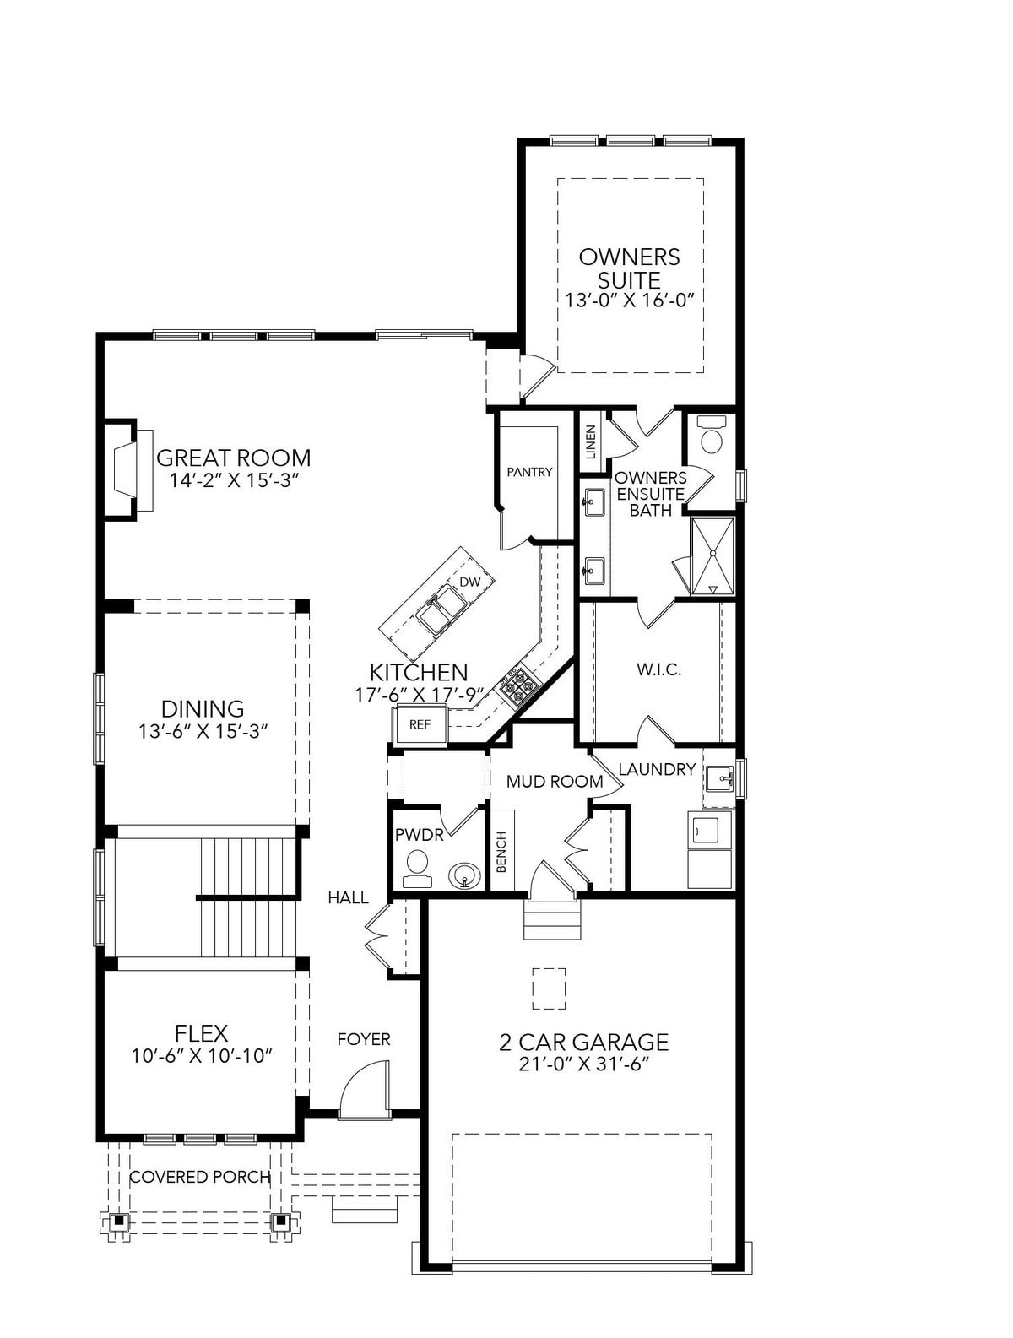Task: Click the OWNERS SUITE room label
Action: (x=629, y=268)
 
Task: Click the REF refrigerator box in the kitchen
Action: (x=420, y=724)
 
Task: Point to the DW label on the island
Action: (x=469, y=582)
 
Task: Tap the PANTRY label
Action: (x=529, y=472)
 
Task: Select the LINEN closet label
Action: (x=590, y=441)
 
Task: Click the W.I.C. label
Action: (x=658, y=670)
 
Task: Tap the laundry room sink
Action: (x=719, y=779)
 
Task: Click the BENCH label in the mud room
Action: (x=501, y=852)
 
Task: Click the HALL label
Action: (x=348, y=897)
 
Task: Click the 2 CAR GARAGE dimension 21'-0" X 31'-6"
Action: (x=583, y=1064)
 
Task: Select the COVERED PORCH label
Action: (x=200, y=1177)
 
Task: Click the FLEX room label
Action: (x=201, y=1032)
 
